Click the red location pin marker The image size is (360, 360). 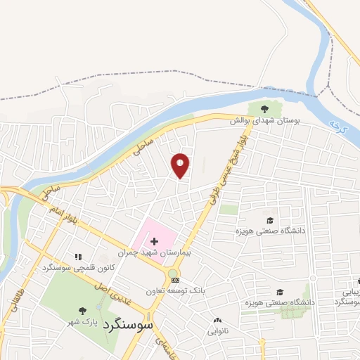pos(181,166)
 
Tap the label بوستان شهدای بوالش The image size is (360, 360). pos(268,121)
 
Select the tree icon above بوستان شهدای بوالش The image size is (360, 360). pos(264,109)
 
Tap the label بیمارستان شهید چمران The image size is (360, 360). pos(148,251)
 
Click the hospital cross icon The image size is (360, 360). pos(154,241)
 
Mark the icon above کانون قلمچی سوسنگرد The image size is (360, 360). pos(78,257)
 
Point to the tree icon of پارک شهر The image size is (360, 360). pos(83,311)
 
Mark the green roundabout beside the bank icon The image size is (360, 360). pos(173,273)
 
